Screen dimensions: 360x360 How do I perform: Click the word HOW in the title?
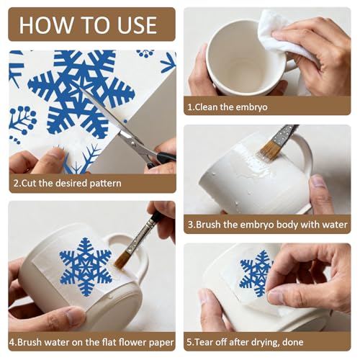(x=46, y=25)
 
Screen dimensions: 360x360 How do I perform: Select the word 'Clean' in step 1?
(x=206, y=107)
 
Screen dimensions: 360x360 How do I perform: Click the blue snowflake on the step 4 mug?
(x=86, y=267)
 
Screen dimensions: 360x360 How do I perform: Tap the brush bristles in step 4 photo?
(x=122, y=260)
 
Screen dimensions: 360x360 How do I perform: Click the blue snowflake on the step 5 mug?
(x=256, y=273)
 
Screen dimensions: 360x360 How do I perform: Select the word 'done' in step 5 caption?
(x=293, y=342)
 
